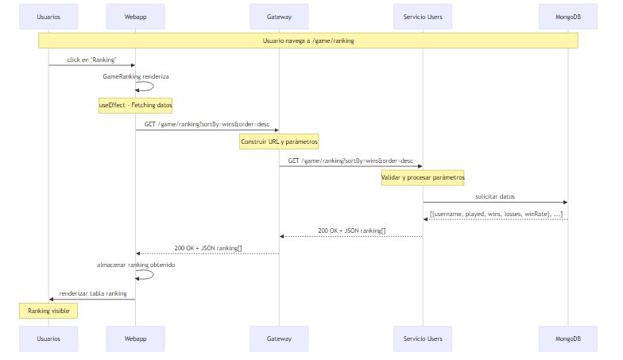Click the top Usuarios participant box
(48, 16)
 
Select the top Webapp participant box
(135, 16)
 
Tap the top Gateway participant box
(279, 16)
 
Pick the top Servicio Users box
(422, 16)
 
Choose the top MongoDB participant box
(567, 16)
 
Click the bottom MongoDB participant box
(567, 338)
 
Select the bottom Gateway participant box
(279, 338)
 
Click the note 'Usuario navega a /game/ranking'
(308, 40)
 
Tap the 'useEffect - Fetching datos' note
(135, 105)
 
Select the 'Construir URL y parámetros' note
(279, 141)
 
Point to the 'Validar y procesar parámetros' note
(422, 177)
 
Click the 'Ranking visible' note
(48, 311)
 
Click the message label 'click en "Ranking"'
(91, 59)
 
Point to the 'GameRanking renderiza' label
(135, 76)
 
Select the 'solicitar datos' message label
(494, 196)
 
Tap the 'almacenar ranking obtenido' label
(135, 265)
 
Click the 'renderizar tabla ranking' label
(92, 293)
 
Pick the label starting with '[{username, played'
(496, 213)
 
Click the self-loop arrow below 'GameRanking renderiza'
(148, 87)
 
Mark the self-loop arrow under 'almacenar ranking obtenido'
(148, 275)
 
